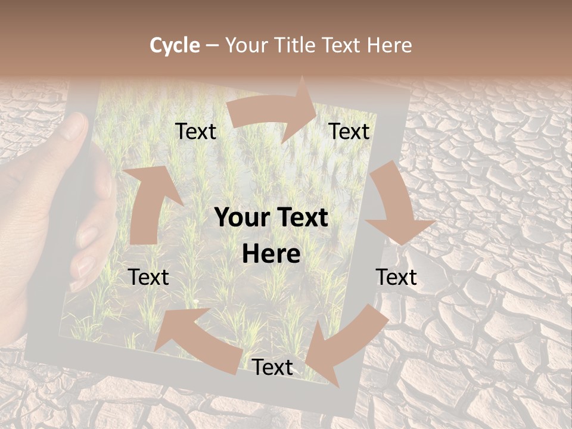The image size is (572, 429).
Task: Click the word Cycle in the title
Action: [x=175, y=45]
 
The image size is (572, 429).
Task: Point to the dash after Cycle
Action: [x=212, y=46]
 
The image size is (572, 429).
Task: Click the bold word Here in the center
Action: [x=271, y=254]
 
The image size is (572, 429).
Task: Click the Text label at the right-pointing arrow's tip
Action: [x=349, y=131]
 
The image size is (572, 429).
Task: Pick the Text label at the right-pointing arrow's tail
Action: [x=195, y=131]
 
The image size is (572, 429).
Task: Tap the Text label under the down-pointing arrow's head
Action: [x=396, y=277]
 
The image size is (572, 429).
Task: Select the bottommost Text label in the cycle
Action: [x=272, y=367]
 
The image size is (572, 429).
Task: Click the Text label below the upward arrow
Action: [x=148, y=277]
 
